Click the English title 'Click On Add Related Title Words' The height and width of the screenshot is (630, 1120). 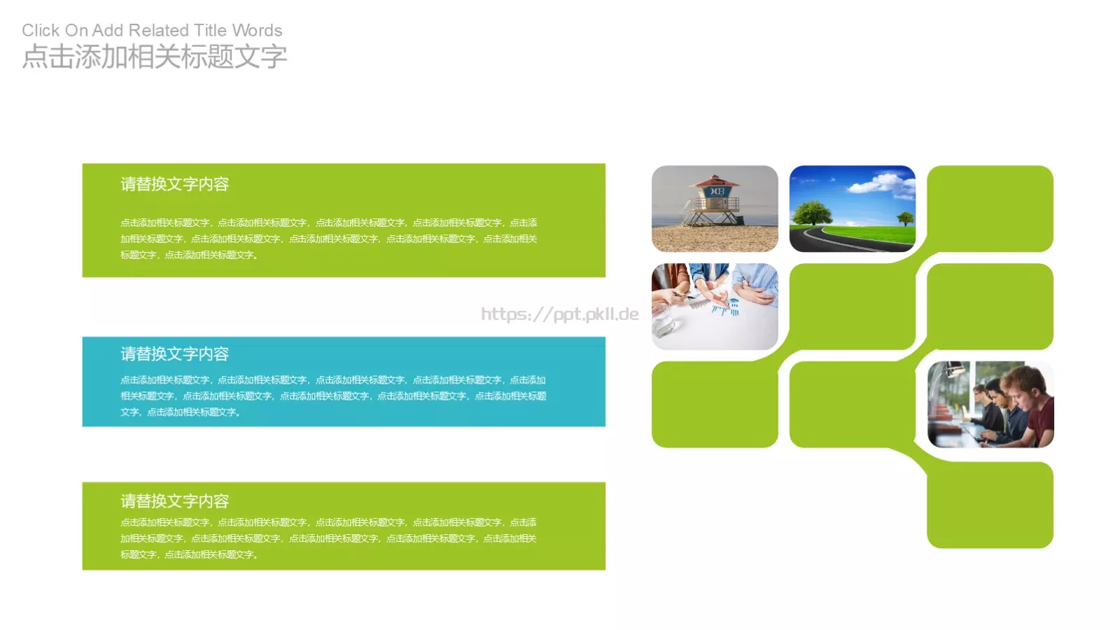[x=152, y=31]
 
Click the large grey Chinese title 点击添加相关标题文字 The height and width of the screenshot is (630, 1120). [x=155, y=57]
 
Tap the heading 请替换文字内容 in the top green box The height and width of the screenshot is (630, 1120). [x=174, y=184]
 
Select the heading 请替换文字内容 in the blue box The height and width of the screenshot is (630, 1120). [x=174, y=354]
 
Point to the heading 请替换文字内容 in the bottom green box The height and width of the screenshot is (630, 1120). [x=174, y=501]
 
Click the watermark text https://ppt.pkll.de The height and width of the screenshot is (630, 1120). [x=559, y=314]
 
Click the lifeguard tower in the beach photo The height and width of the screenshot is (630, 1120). [x=713, y=200]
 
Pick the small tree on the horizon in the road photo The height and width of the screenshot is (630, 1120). [x=905, y=218]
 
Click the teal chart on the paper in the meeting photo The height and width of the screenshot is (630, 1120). [x=724, y=306]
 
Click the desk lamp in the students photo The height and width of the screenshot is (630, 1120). [x=953, y=369]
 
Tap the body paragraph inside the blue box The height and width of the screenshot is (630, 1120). [x=332, y=396]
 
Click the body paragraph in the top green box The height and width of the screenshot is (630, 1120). [x=328, y=239]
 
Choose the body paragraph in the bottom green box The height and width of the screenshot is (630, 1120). [x=328, y=538]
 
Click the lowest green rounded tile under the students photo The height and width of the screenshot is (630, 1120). [x=990, y=505]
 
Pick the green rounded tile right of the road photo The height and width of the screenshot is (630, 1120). [x=990, y=208]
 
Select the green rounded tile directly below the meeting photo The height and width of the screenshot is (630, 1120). [x=715, y=405]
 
